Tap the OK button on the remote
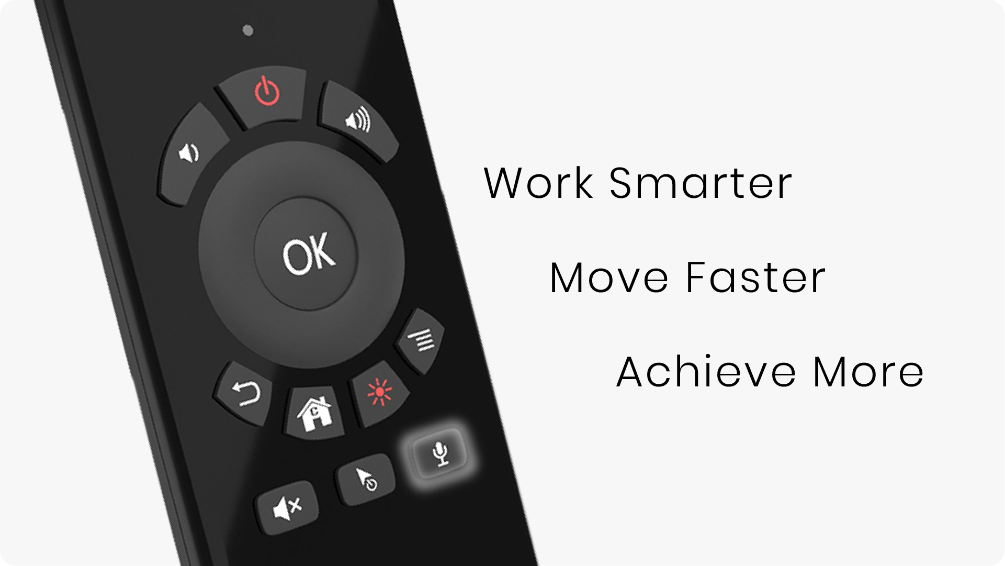(306, 254)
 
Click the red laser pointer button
(379, 393)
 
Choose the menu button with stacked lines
(421, 340)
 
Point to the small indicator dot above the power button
(249, 31)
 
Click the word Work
(539, 183)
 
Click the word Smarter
(701, 183)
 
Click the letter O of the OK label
(295, 258)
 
